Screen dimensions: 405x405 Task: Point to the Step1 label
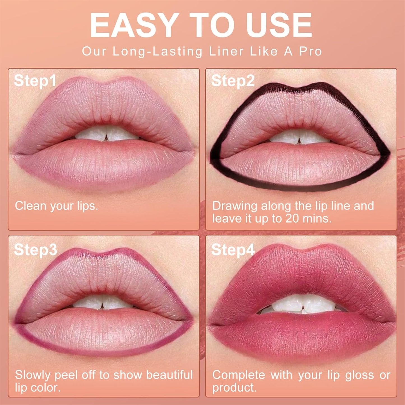pos(35,81)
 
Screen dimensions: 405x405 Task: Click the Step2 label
pos(233,81)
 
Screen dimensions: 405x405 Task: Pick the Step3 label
pos(36,249)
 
